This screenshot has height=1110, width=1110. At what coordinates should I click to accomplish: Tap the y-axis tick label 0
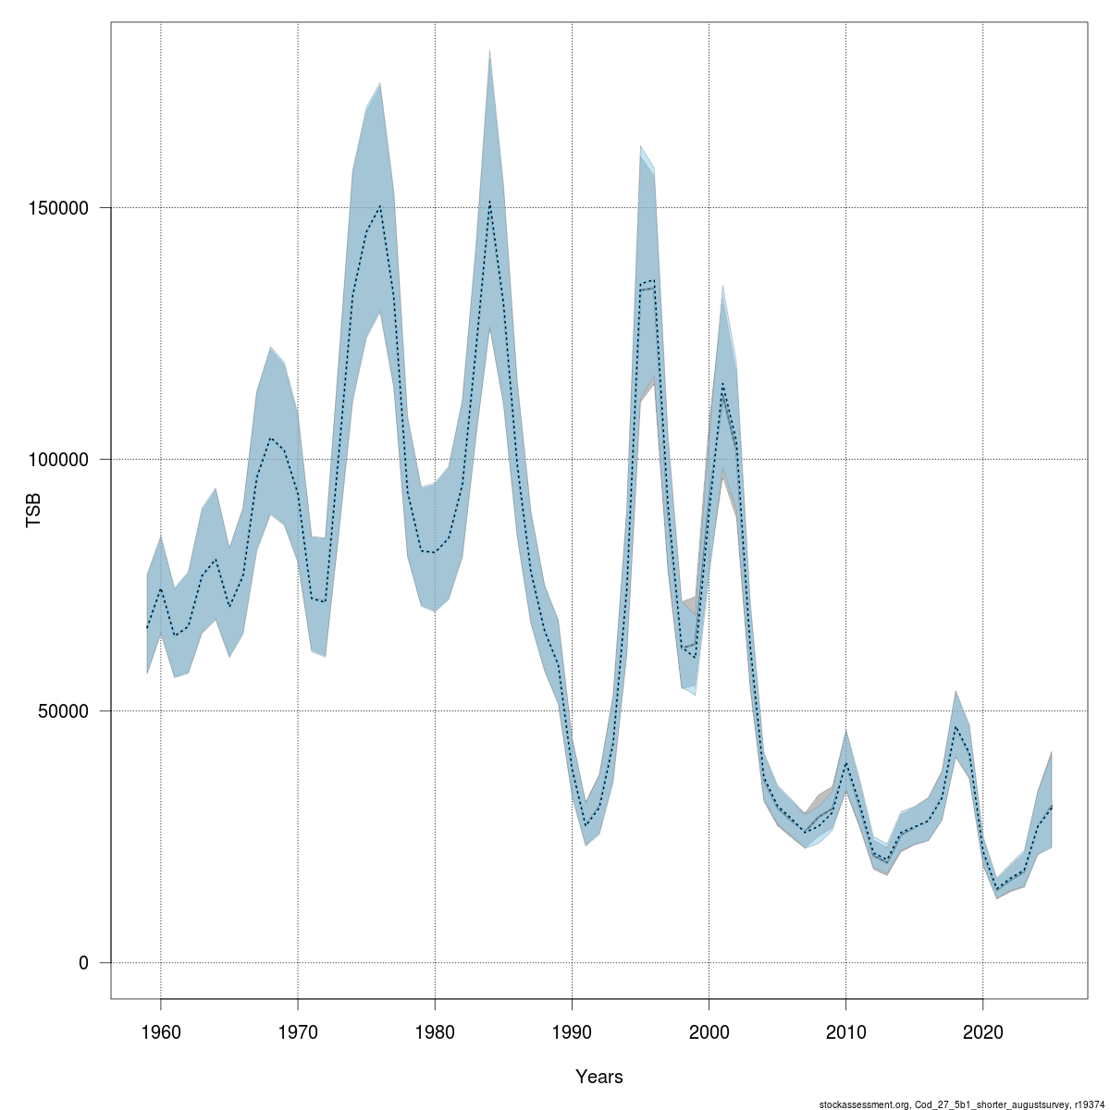84,963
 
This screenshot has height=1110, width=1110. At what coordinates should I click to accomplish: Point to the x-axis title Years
599,1077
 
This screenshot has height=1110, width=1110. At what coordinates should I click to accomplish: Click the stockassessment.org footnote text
962,1103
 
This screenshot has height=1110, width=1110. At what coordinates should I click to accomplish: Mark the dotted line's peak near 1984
489,201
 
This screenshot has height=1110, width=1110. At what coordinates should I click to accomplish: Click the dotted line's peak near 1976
380,206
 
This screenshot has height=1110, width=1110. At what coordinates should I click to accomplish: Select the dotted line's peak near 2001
722,384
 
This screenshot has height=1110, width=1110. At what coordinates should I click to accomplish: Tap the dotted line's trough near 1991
586,825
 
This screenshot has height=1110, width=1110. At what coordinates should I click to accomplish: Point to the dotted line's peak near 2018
956,727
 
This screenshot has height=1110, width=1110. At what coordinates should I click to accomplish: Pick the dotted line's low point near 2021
996,890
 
